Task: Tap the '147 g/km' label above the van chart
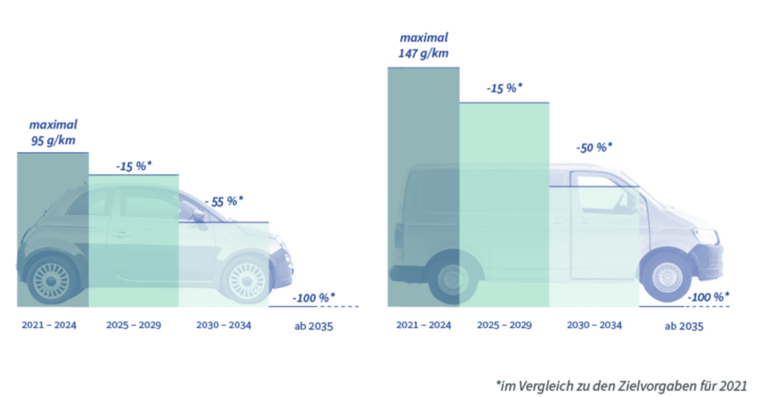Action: coord(424,53)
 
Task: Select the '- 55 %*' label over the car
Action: coord(224,202)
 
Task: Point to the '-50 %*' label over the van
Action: coord(593,147)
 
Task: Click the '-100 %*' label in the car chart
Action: coord(314,297)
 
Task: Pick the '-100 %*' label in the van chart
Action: coord(708,297)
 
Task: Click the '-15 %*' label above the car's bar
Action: coord(134,165)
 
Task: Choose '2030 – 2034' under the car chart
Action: coord(223,326)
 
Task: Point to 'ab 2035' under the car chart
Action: coord(313,327)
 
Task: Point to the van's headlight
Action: coord(707,236)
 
